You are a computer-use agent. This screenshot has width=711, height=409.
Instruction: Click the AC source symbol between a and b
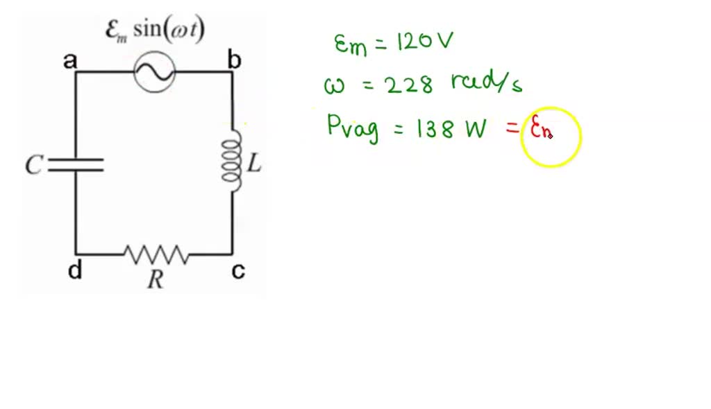pyautogui.click(x=155, y=71)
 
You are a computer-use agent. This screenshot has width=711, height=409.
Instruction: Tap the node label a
pyautogui.click(x=70, y=61)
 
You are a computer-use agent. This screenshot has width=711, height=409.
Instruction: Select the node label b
pyautogui.click(x=235, y=61)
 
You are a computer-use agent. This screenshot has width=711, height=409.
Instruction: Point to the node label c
pyautogui.click(x=237, y=270)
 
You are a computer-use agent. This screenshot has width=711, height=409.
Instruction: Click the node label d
pyautogui.click(x=74, y=270)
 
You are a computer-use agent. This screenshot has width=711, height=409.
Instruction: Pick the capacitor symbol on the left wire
pyautogui.click(x=76, y=164)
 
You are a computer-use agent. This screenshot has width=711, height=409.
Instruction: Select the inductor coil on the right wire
pyautogui.click(x=233, y=160)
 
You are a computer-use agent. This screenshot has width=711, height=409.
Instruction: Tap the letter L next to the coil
pyautogui.click(x=255, y=164)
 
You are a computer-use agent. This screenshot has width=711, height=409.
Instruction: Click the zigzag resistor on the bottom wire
pyautogui.click(x=156, y=254)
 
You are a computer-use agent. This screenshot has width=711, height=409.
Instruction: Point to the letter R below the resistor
pyautogui.click(x=156, y=279)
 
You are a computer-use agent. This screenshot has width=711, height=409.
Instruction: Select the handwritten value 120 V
pyautogui.click(x=424, y=42)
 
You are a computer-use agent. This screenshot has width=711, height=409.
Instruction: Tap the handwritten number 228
pyautogui.click(x=409, y=85)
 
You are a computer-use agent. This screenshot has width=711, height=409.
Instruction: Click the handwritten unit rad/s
pyautogui.click(x=486, y=83)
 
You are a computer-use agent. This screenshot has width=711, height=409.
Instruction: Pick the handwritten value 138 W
pyautogui.click(x=451, y=128)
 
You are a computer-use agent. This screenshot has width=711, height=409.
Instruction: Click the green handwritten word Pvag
pyautogui.click(x=353, y=128)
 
